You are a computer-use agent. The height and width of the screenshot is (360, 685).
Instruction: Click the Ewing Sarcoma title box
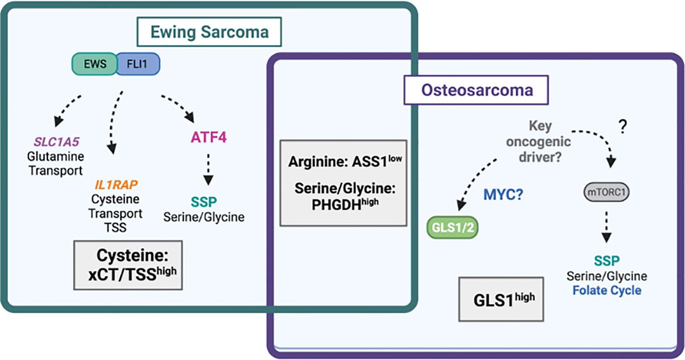(x=209, y=33)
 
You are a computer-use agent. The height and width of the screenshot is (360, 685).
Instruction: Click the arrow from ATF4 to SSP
(x=208, y=169)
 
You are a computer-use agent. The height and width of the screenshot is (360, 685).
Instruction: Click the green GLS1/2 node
(x=453, y=226)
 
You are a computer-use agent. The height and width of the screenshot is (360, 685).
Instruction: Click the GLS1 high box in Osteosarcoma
(x=502, y=298)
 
